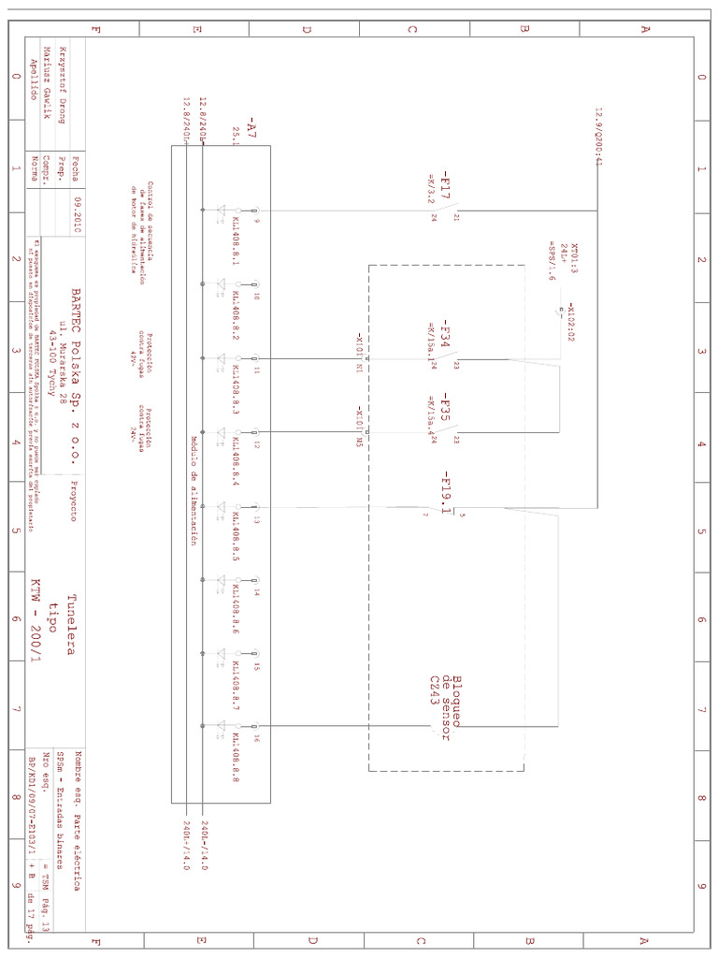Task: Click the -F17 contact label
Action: click(446, 184)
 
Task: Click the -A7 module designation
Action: click(250, 127)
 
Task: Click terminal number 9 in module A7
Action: click(256, 210)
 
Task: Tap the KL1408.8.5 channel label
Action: click(237, 541)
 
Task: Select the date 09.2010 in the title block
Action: click(78, 214)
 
